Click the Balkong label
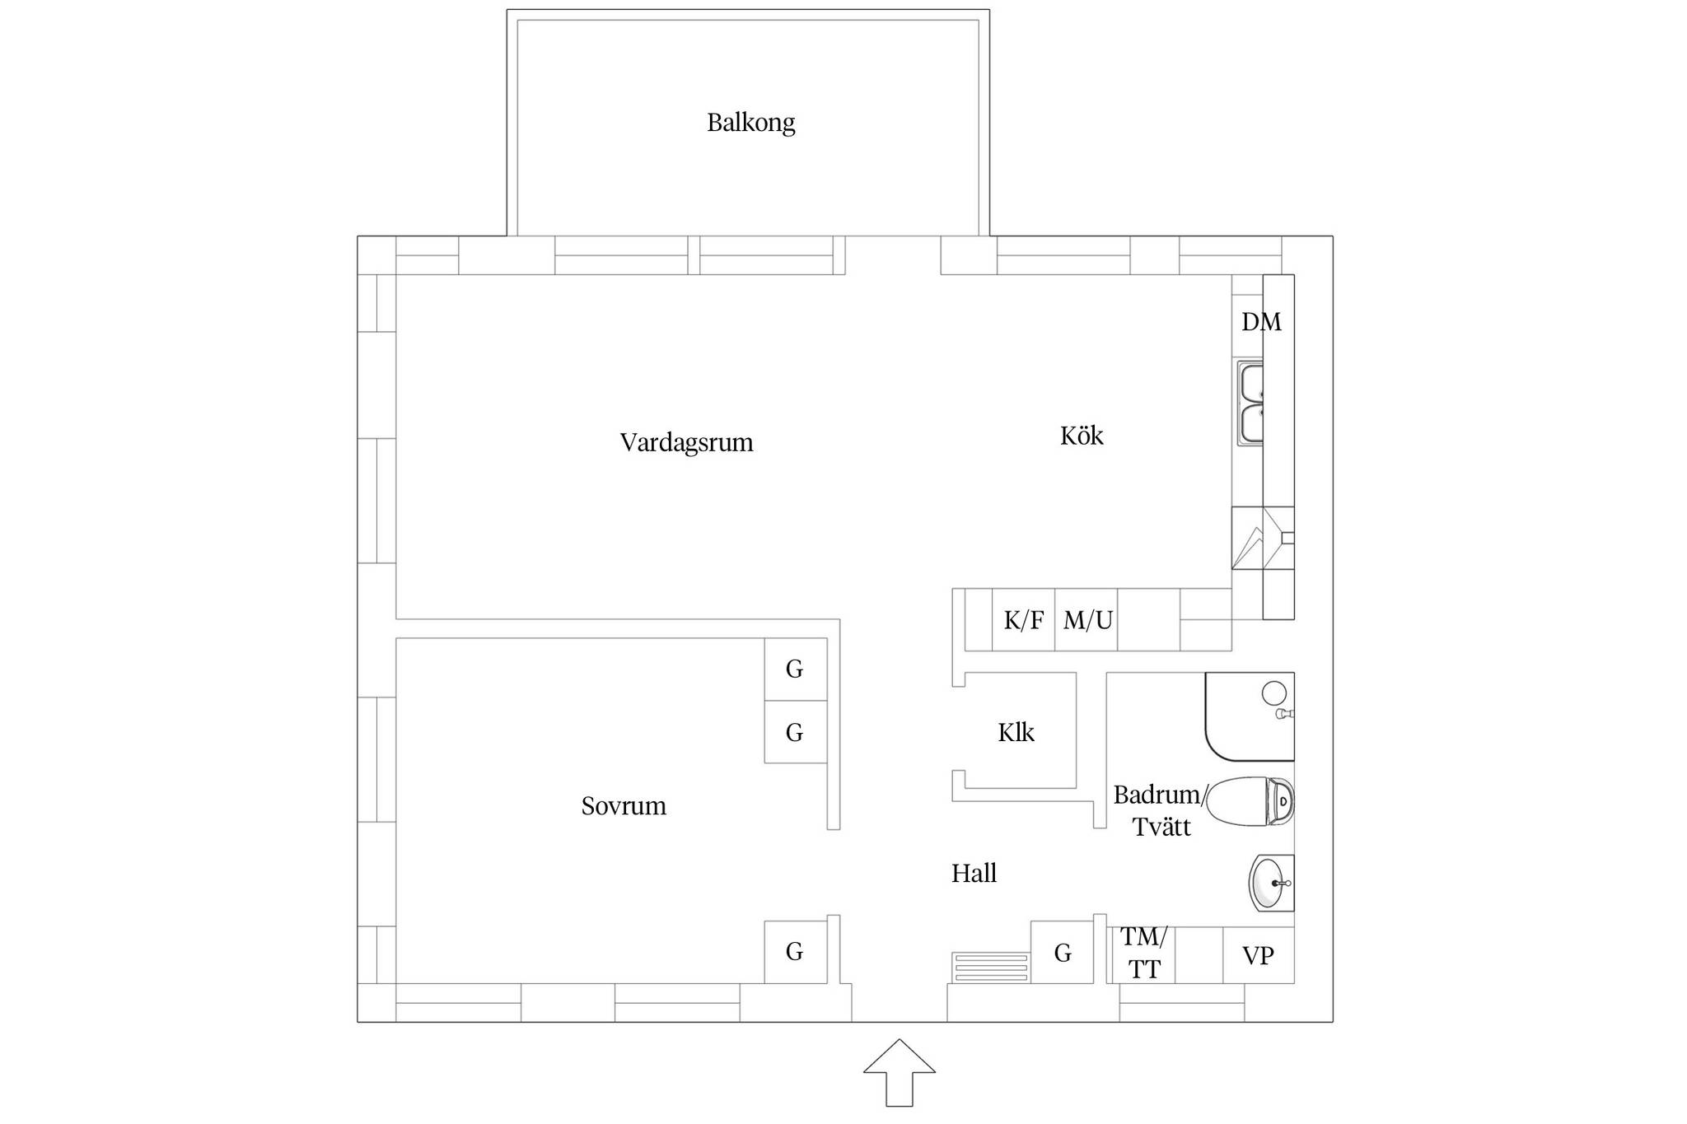[x=750, y=123]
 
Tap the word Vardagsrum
[x=686, y=443]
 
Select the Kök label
[x=1081, y=435]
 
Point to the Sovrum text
[x=624, y=805]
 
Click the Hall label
[x=974, y=873]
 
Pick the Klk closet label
[x=1016, y=732]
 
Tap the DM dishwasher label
[x=1261, y=322]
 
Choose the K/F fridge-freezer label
[x=1024, y=620]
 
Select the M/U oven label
[x=1087, y=620]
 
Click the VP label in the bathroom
[x=1258, y=956]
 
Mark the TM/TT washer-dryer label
[x=1143, y=953]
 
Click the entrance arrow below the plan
[x=899, y=1072]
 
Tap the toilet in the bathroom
[x=1251, y=801]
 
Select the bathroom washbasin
[x=1272, y=883]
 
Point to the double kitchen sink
[x=1250, y=404]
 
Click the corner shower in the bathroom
[x=1250, y=716]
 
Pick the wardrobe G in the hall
[x=1062, y=952]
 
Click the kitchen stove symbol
[x=1263, y=538]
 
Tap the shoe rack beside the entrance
[x=990, y=967]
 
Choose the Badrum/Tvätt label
[x=1161, y=810]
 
